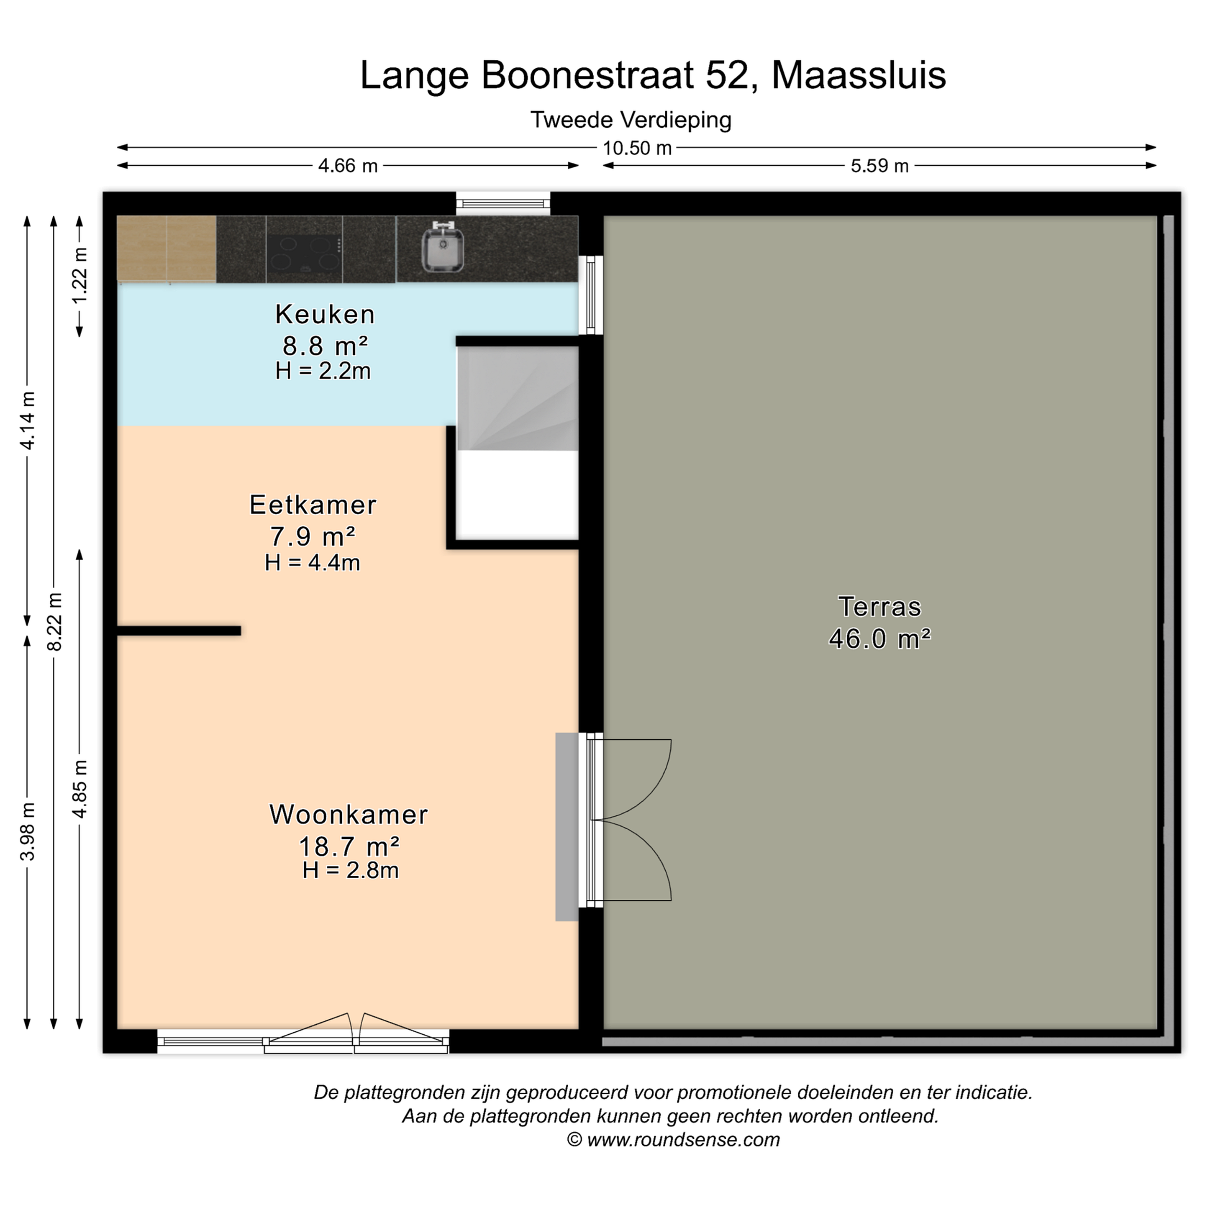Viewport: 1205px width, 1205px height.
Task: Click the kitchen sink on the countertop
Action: click(x=443, y=248)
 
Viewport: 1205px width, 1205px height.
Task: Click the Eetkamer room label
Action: click(x=313, y=505)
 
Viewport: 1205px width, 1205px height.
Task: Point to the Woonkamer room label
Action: click(x=349, y=815)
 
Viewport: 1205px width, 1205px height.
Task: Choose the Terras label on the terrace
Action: click(x=879, y=606)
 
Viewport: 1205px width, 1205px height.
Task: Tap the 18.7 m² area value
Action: click(x=349, y=846)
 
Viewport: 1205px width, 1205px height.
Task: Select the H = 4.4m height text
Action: click(x=313, y=563)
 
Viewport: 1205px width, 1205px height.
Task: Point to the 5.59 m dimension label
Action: click(x=879, y=166)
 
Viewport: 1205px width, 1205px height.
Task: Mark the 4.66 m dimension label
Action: click(x=348, y=166)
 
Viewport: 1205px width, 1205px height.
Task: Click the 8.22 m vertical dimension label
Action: click(x=54, y=622)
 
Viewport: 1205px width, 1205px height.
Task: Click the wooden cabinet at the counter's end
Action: click(x=167, y=248)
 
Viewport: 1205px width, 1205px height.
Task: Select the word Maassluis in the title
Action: click(x=859, y=75)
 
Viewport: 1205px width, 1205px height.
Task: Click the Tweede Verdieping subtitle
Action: click(x=631, y=120)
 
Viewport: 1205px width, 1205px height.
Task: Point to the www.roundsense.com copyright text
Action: click(x=684, y=1139)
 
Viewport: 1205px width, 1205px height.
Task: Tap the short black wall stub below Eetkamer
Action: click(x=179, y=631)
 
